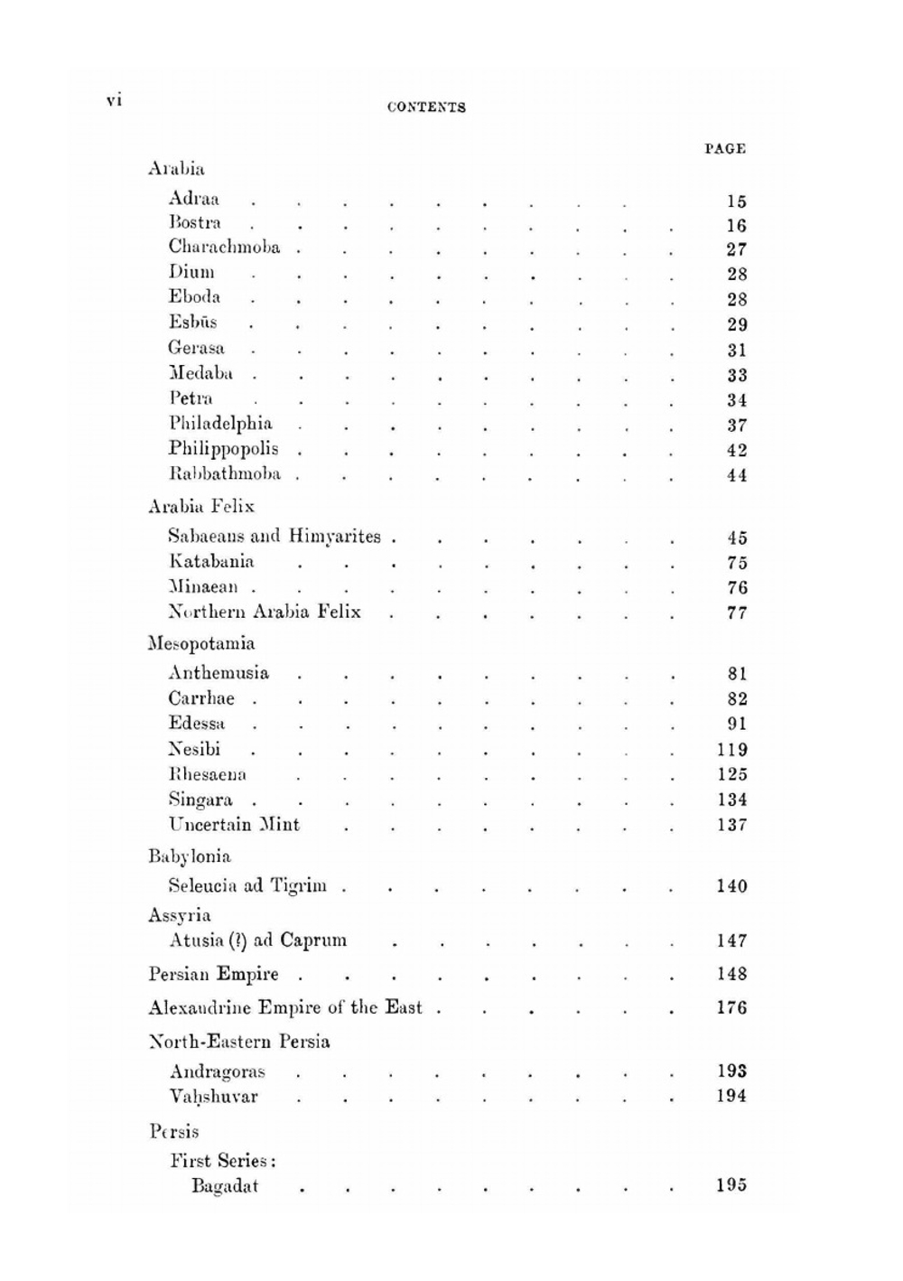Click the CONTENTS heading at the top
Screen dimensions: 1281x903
click(x=426, y=107)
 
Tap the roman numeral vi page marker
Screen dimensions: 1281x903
click(x=114, y=100)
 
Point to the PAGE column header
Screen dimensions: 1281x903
click(x=725, y=149)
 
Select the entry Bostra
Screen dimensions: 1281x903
click(x=195, y=223)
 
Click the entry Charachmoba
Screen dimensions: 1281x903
click(x=224, y=248)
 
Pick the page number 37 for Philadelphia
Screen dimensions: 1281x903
click(x=737, y=425)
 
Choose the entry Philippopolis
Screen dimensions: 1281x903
click(x=223, y=449)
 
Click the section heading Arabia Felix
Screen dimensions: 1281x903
click(x=201, y=507)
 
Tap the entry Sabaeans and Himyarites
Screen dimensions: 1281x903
click(x=275, y=537)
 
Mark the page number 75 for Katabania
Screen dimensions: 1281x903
click(x=737, y=563)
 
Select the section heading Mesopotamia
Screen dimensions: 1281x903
click(x=201, y=644)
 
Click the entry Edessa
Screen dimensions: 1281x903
click(x=197, y=724)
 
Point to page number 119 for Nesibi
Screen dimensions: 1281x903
click(x=732, y=750)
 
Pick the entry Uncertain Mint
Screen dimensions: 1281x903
click(x=234, y=825)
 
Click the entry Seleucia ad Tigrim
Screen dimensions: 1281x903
click(x=247, y=886)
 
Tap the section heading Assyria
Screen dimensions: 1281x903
click(x=180, y=915)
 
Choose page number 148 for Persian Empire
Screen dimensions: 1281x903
click(x=732, y=975)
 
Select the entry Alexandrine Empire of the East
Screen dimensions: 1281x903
click(x=285, y=1008)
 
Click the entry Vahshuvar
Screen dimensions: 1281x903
click(x=214, y=1097)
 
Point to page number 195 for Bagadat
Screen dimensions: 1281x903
click(x=732, y=1186)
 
